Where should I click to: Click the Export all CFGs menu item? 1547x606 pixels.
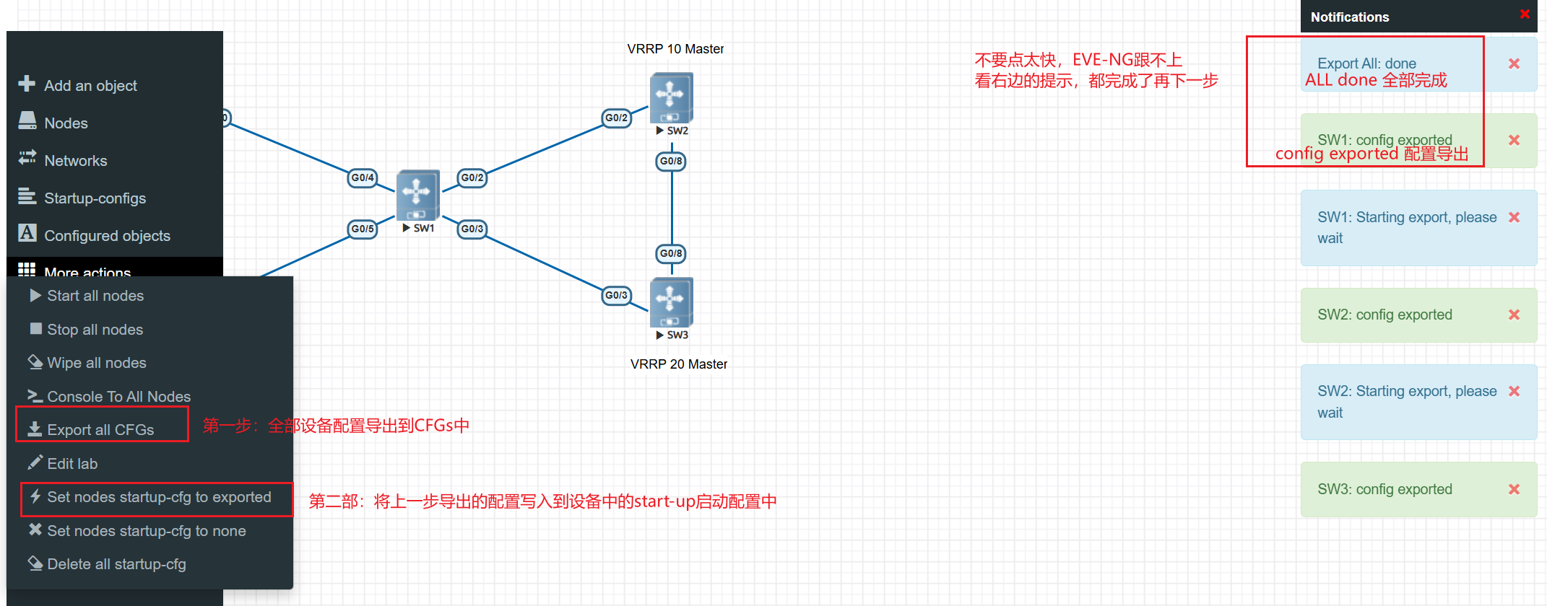pyautogui.click(x=100, y=430)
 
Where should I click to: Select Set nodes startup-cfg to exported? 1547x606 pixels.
pyautogui.click(x=158, y=498)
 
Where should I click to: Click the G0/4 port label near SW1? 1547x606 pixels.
pyautogui.click(x=363, y=177)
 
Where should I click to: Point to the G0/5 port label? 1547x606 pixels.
pyautogui.click(x=363, y=229)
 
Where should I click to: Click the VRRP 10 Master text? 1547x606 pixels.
pyautogui.click(x=675, y=49)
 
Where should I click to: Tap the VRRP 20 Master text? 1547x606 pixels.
pyautogui.click(x=678, y=364)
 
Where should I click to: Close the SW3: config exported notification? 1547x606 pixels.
pyautogui.click(x=1514, y=489)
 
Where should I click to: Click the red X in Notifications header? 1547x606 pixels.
pyautogui.click(x=1525, y=14)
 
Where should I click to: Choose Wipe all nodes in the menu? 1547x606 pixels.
pyautogui.click(x=96, y=363)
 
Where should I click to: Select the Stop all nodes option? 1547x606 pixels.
pyautogui.click(x=95, y=330)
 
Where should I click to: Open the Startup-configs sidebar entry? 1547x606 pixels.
pyautogui.click(x=94, y=198)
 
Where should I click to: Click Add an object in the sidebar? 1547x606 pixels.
pyautogui.click(x=90, y=86)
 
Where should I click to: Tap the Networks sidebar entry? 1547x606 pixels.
pyautogui.click(x=75, y=161)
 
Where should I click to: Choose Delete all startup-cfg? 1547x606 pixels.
pyautogui.click(x=116, y=564)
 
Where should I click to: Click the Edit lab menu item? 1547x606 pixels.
pyautogui.click(x=71, y=464)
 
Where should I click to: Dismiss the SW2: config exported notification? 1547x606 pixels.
pyautogui.click(x=1514, y=315)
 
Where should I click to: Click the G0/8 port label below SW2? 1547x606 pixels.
pyautogui.click(x=671, y=161)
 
